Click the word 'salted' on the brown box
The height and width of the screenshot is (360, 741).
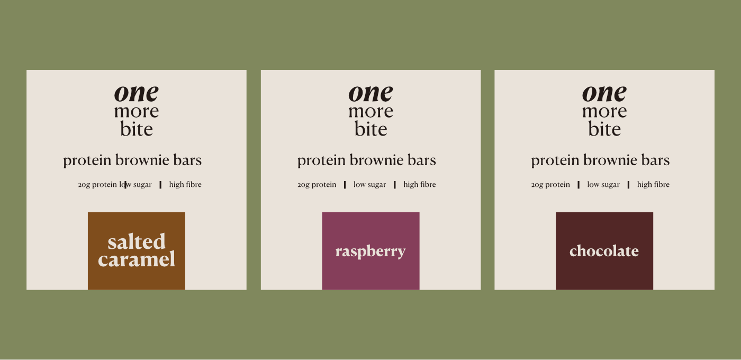pyautogui.click(x=137, y=241)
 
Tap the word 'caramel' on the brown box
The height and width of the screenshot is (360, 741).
pyautogui.click(x=137, y=259)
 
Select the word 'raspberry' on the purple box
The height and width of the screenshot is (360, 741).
pyautogui.click(x=370, y=252)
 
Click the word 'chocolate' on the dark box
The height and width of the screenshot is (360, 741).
pyautogui.click(x=604, y=251)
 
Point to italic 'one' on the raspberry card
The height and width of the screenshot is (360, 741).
pyautogui.click(x=370, y=93)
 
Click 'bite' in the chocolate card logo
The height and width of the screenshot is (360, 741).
pyautogui.click(x=604, y=129)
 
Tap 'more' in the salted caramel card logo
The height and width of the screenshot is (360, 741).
pyautogui.click(x=137, y=112)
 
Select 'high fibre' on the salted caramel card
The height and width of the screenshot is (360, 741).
pyautogui.click(x=185, y=184)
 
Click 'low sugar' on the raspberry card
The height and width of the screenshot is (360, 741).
pyautogui.click(x=369, y=184)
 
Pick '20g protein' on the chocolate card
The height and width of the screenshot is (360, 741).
pyautogui.click(x=550, y=185)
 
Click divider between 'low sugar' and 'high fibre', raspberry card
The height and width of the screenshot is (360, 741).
pyautogui.click(x=395, y=185)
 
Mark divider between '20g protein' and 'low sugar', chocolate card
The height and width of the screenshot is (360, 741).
pyautogui.click(x=579, y=185)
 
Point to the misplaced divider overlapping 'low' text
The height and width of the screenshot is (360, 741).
pyautogui.click(x=125, y=185)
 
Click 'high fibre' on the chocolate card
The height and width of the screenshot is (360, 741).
pyautogui.click(x=653, y=184)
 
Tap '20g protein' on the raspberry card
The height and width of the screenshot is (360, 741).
pyautogui.click(x=317, y=185)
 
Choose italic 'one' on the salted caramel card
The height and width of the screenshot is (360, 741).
pyautogui.click(x=137, y=93)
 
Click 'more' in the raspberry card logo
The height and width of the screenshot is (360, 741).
pyautogui.click(x=370, y=112)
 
